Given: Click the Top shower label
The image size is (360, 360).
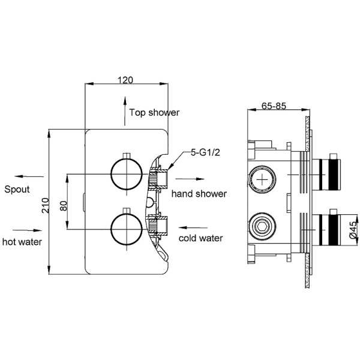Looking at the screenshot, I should click(x=155, y=112).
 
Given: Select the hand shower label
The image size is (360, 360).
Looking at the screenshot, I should click(x=199, y=193).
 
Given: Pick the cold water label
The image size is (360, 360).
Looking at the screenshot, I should click(x=201, y=238).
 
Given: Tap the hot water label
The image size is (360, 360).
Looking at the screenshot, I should click(x=22, y=242).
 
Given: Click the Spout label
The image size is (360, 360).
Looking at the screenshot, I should click(x=17, y=190).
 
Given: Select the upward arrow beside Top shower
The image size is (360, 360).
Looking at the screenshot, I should click(x=124, y=114).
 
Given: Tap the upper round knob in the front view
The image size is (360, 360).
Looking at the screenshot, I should click(x=125, y=174).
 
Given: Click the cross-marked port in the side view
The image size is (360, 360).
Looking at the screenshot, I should click(x=262, y=179).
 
